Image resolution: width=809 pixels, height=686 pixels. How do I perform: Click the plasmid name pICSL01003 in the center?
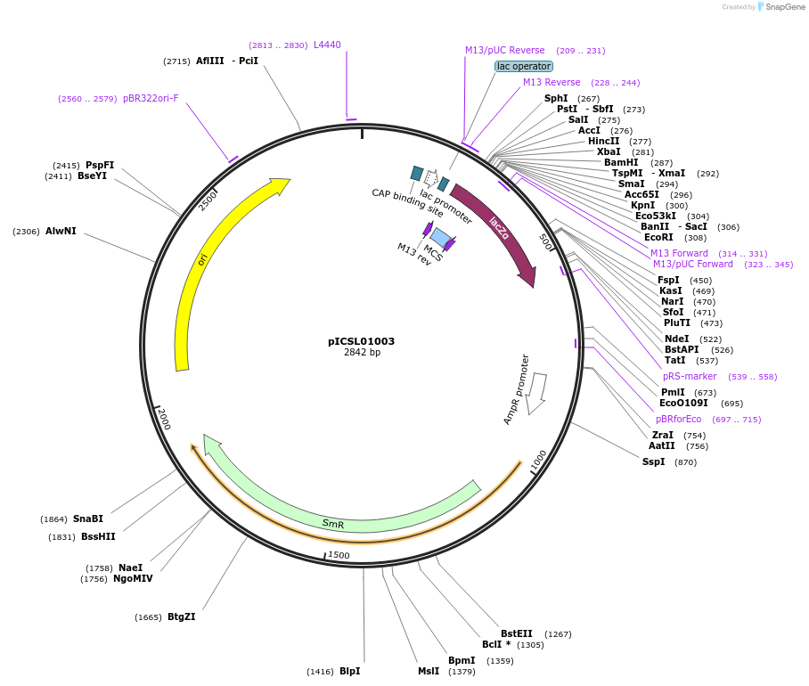pos(361,341)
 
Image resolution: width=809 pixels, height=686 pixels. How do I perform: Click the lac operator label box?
pos(524,66)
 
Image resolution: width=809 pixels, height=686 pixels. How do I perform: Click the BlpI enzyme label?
pos(349,671)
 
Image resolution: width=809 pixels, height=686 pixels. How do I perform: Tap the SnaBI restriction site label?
pos(88,519)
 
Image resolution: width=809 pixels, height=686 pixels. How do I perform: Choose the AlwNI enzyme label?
pos(61,231)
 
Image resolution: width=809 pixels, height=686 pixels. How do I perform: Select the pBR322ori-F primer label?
pos(151,98)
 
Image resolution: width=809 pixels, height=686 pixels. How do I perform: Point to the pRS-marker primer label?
pos(690,376)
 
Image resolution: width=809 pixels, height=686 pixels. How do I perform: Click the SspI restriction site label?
pos(653,461)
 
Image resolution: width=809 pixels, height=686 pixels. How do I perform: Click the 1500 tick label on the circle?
pos(339,555)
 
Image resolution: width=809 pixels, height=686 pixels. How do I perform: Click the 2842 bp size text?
pos(362,353)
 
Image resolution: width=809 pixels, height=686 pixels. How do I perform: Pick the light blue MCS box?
pos(440,238)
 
